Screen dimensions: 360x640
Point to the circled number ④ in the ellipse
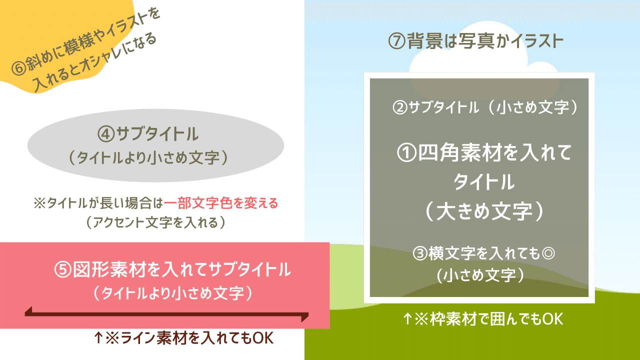(x=106, y=134)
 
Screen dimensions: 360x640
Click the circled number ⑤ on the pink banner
(x=63, y=270)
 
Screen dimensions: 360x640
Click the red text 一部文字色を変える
(x=220, y=203)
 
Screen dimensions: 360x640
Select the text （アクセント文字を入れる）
(x=155, y=222)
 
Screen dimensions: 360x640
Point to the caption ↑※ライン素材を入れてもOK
(x=183, y=338)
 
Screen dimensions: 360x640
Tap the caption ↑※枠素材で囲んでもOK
(x=483, y=319)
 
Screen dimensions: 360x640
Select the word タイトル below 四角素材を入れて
(x=483, y=182)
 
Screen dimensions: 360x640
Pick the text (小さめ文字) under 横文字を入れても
(x=479, y=275)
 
